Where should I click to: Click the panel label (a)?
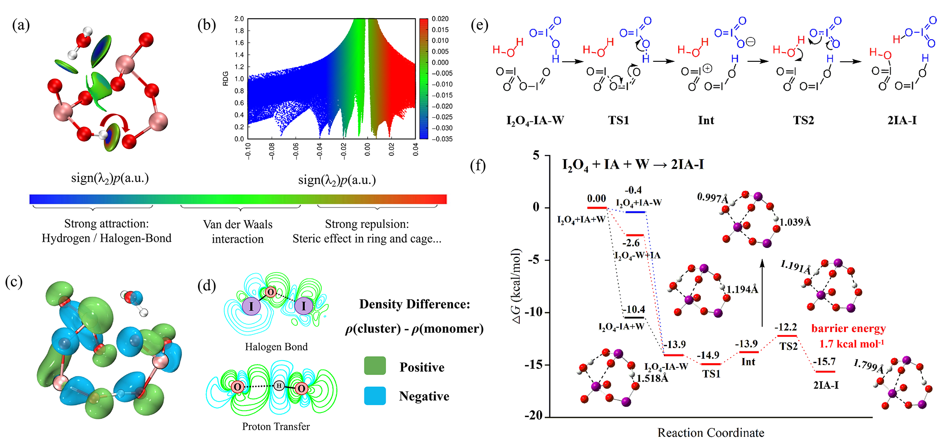[21, 25]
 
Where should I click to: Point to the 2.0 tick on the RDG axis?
[239, 19]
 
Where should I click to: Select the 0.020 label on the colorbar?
[440, 19]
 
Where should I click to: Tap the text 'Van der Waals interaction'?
[238, 231]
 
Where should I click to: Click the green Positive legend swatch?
[375, 366]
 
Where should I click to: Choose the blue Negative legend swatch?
[375, 396]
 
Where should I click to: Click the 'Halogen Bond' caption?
[276, 347]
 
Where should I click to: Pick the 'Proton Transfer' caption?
[276, 427]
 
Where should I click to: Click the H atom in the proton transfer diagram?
[279, 385]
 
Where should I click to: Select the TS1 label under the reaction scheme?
[619, 120]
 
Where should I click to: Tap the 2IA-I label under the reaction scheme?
[902, 120]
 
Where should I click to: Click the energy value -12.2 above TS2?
[786, 327]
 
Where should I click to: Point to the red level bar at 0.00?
[596, 208]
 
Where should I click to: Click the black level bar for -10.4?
[633, 317]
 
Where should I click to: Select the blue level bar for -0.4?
[635, 212]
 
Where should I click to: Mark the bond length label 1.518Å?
[653, 378]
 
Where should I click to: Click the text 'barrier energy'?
[848, 328]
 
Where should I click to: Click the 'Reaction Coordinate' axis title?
[710, 433]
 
